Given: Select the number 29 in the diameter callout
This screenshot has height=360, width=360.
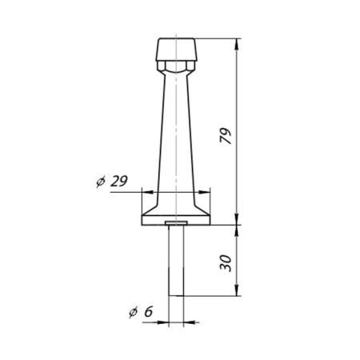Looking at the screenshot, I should pos(118,182).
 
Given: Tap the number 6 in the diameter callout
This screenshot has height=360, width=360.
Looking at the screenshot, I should pos(149,313).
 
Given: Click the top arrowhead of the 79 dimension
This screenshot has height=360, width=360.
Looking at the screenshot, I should pos(238,42).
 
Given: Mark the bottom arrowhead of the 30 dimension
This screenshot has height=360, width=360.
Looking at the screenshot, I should pos(238,294).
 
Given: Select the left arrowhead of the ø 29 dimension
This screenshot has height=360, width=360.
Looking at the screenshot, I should pos(145,191).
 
